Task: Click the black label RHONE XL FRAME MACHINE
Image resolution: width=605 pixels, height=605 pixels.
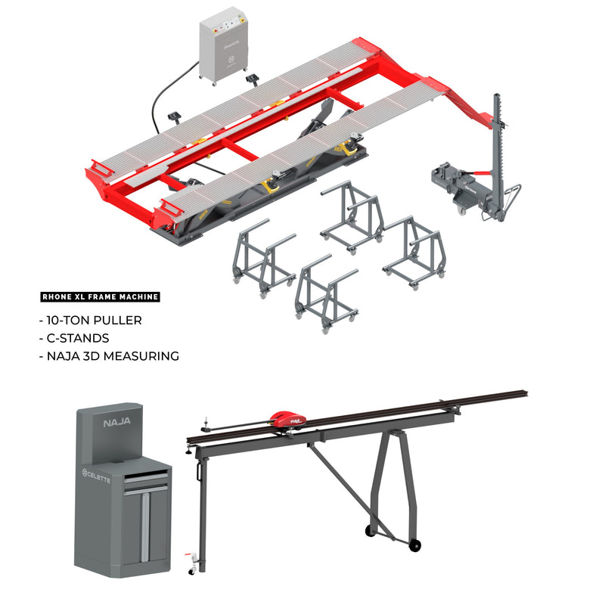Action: click(99, 297)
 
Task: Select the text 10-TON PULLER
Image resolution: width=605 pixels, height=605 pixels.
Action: click(94, 321)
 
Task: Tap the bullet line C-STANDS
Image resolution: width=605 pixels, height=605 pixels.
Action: click(76, 338)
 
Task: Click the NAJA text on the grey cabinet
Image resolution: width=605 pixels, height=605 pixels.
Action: click(117, 423)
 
